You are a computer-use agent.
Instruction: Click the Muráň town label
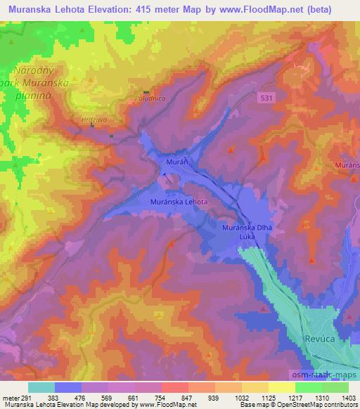pos(175,162)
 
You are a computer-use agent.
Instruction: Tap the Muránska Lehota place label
pos(179,202)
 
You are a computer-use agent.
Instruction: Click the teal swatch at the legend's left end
pos(41,388)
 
